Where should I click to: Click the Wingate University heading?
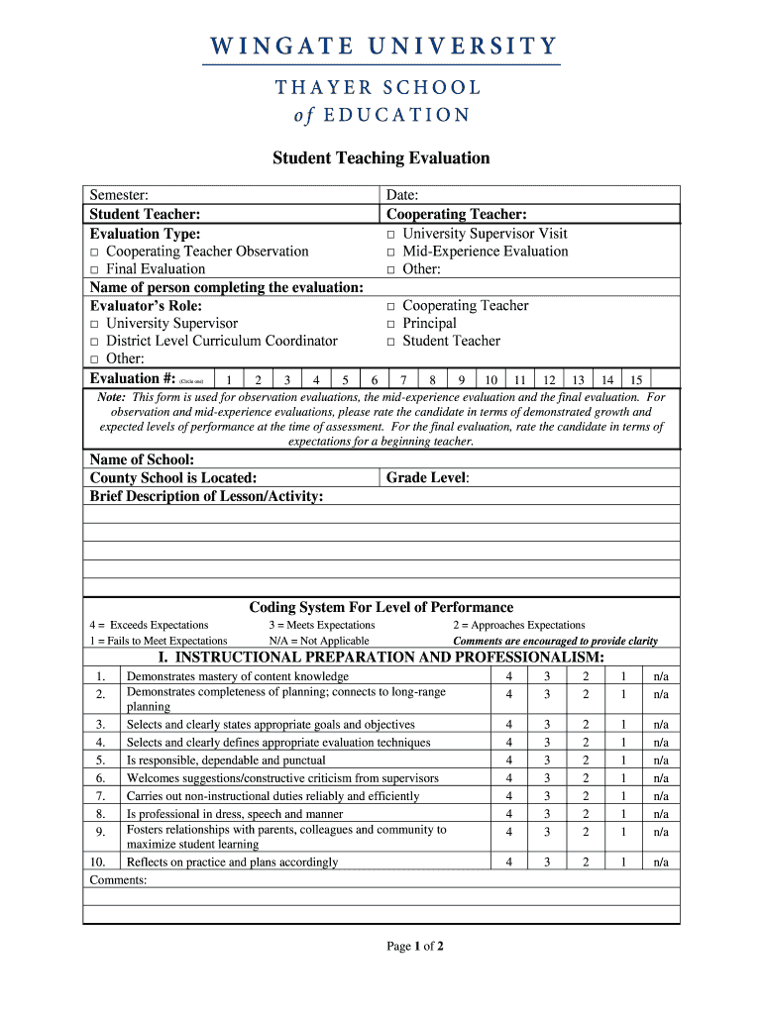point(381,47)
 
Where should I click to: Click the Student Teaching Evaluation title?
point(381,158)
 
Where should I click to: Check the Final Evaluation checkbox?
point(94,270)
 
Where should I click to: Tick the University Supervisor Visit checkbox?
point(391,235)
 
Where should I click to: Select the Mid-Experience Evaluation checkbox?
point(391,253)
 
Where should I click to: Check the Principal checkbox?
point(391,325)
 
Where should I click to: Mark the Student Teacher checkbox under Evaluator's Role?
point(391,343)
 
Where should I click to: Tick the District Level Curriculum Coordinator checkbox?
point(94,343)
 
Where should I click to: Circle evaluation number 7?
point(403,380)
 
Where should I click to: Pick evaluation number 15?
point(636,380)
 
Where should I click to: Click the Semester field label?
point(119,196)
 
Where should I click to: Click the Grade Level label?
point(427,478)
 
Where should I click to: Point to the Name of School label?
point(142,460)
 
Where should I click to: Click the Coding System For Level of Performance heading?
point(381,607)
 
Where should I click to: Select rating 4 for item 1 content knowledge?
point(509,676)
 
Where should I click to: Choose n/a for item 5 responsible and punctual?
point(661,760)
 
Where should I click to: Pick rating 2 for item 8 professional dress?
point(585,814)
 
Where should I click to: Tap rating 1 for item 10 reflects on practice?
point(623,862)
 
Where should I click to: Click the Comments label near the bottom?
point(118,879)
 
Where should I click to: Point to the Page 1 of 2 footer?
point(415,947)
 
